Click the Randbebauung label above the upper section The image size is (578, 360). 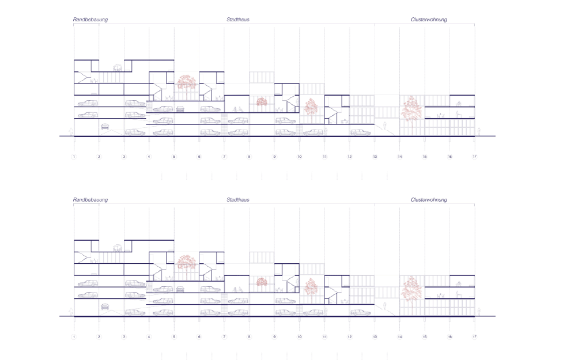pyautogui.click(x=90, y=20)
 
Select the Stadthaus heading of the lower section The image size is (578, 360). pyautogui.click(x=238, y=200)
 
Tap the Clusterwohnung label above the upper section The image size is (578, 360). pyautogui.click(x=429, y=20)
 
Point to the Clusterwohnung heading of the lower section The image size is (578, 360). pyautogui.click(x=429, y=200)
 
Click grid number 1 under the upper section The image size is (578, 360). pyautogui.click(x=74, y=157)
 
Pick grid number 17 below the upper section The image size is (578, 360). pyautogui.click(x=475, y=157)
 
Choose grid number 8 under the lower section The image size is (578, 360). pyautogui.click(x=250, y=336)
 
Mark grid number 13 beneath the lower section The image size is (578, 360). pyautogui.click(x=375, y=336)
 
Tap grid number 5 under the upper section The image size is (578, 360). pyautogui.click(x=174, y=157)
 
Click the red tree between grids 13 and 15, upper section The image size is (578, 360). pyautogui.click(x=411, y=108)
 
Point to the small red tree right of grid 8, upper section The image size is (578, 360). pyautogui.click(x=262, y=102)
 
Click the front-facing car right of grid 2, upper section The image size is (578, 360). pyautogui.click(x=105, y=127)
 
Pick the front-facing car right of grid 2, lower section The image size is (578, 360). pyautogui.click(x=105, y=307)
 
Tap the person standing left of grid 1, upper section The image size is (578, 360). pyautogui.click(x=70, y=131)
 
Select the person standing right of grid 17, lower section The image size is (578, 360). pyautogui.click(x=479, y=312)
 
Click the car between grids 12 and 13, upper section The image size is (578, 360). pyautogui.click(x=360, y=132)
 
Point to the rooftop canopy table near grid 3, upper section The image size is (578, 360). pyautogui.click(x=117, y=67)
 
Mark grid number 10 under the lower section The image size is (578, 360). pyautogui.click(x=300, y=336)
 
